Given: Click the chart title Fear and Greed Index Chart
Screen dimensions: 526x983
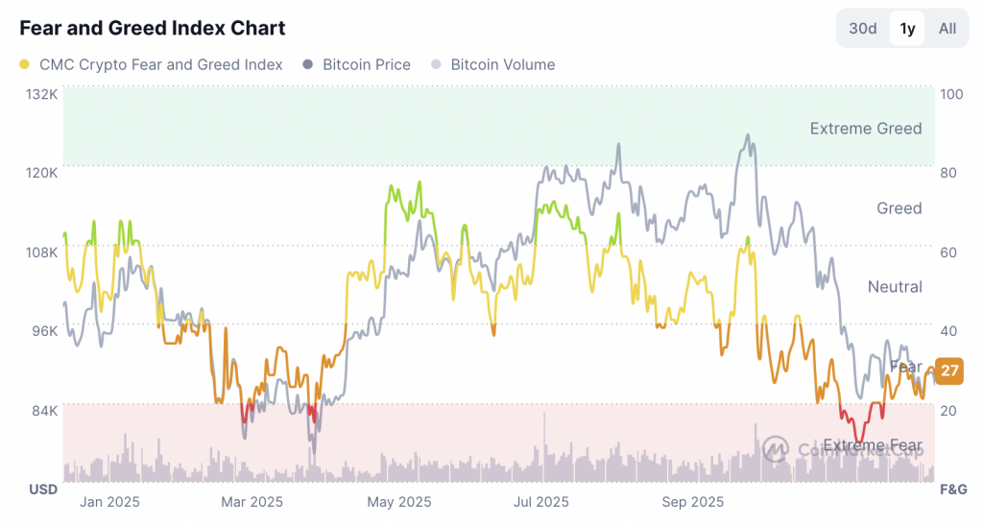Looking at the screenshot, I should point(153,28).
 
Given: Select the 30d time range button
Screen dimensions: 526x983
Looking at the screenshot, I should point(863,28).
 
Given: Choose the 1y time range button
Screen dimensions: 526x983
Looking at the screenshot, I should point(907,28).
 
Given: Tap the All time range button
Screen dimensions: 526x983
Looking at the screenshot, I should point(947,28).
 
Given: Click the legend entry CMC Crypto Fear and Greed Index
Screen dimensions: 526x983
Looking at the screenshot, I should point(152,64).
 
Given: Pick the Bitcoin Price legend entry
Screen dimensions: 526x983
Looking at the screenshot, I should point(357,64).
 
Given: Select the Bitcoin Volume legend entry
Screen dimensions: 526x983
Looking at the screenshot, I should point(493,64).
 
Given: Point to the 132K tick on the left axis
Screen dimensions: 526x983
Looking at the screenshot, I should point(41,94).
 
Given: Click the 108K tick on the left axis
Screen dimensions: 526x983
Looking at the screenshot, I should point(41,251).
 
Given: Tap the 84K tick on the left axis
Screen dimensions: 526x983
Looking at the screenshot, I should point(45,410).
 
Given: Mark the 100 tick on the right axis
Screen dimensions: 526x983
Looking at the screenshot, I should point(952,94).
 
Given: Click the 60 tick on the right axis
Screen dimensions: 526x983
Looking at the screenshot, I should point(949,251).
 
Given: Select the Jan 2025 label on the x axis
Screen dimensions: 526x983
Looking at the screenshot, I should point(109,501).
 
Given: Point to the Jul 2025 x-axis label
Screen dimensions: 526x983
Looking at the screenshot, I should point(541,501).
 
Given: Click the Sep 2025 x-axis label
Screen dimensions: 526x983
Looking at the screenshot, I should point(693,501).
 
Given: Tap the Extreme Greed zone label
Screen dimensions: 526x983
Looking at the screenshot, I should point(865,129).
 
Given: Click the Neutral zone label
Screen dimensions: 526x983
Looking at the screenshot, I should point(894,287).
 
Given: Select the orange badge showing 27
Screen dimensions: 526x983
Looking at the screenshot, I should point(949,370).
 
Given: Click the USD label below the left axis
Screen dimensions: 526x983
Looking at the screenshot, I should point(42,490).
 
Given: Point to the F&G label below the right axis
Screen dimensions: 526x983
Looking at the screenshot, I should point(952,490).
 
